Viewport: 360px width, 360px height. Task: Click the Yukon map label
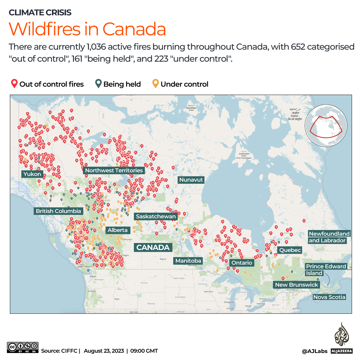tap(32, 174)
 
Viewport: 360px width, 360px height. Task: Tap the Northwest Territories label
tap(114, 170)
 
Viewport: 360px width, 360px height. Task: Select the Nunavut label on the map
tap(191, 180)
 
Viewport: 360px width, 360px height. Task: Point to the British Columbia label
tap(58, 211)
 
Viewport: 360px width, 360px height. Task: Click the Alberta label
tap(118, 230)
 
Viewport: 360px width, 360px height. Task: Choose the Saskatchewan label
tap(156, 217)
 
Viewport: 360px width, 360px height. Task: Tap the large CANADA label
tap(153, 247)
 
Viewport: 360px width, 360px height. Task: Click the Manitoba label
tap(188, 261)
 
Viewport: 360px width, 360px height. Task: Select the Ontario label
tap(242, 263)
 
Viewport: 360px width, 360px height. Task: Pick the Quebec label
tap(290, 250)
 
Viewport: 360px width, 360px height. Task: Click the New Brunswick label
tap(296, 285)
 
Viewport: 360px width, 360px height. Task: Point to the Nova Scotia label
tap(329, 297)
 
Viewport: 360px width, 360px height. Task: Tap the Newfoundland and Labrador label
tap(329, 237)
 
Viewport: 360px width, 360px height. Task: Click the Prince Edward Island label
tap(326, 270)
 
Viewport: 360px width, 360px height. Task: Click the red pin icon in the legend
tap(14, 84)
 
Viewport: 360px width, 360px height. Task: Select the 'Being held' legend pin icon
tap(98, 84)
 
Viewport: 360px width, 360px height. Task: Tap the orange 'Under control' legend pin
tap(155, 84)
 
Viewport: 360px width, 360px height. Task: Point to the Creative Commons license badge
tap(23, 347)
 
